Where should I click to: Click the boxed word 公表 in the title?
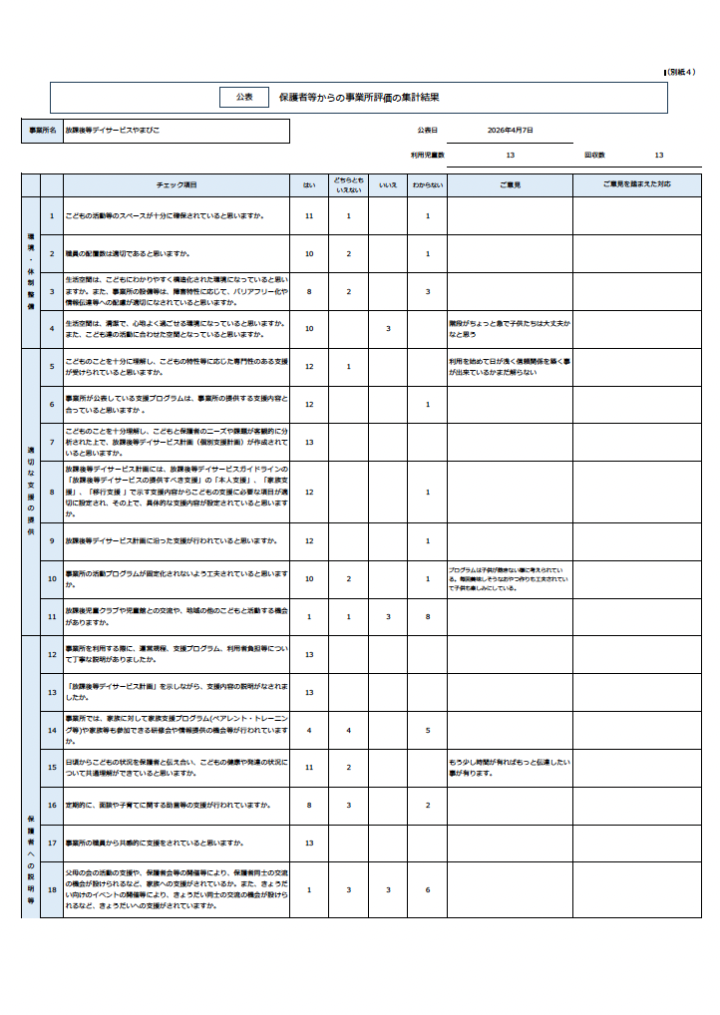(244, 97)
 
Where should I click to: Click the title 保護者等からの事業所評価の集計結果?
(359, 98)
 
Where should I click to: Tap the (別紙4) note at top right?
(687, 72)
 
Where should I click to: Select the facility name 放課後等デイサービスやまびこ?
(112, 131)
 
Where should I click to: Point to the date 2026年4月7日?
(511, 131)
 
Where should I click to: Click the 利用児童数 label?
(427, 156)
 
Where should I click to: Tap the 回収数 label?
(594, 156)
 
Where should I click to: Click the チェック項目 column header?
(177, 185)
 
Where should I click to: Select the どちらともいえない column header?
(349, 185)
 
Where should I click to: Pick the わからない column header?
(428, 185)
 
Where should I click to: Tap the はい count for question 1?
(309, 216)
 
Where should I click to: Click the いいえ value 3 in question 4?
(388, 328)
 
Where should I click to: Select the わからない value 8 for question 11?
(428, 617)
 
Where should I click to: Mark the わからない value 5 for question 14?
(428, 731)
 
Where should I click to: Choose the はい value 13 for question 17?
(309, 843)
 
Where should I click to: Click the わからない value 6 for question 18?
(428, 890)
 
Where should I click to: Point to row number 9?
(52, 541)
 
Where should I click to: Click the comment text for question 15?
(509, 767)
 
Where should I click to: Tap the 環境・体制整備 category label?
(31, 271)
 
